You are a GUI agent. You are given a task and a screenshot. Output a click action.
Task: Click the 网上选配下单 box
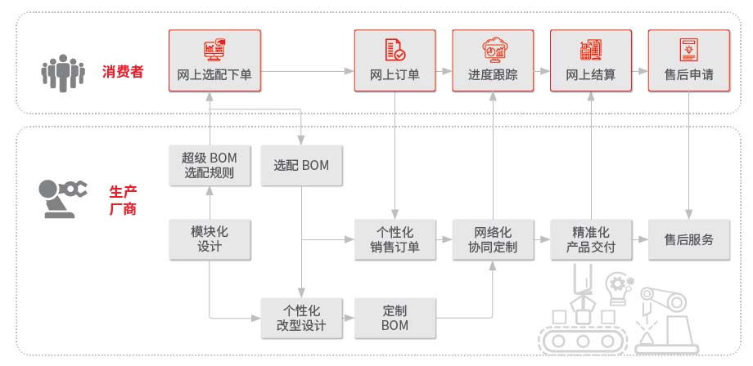(214, 60)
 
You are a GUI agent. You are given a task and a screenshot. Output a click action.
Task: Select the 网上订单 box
(395, 60)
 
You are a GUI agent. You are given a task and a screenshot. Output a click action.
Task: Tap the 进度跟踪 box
(493, 60)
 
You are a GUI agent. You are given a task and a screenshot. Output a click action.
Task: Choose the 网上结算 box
(591, 60)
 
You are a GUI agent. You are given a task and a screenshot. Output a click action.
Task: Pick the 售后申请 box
(688, 60)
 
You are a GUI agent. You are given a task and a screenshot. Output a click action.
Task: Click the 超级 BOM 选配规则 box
(210, 165)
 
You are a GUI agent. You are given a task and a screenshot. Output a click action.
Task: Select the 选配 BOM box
(301, 165)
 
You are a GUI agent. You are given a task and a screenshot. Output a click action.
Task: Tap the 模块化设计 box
(210, 239)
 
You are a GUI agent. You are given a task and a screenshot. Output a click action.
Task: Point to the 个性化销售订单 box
(395, 239)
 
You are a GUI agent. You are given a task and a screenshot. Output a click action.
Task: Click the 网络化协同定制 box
(494, 239)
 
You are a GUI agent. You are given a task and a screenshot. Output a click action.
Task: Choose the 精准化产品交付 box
(591, 239)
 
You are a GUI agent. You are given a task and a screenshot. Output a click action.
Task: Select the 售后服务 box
(689, 239)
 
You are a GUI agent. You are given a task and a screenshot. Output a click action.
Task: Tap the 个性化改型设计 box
(301, 318)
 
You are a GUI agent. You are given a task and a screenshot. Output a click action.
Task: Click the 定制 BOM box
(395, 318)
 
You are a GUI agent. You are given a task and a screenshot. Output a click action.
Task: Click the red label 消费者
(123, 72)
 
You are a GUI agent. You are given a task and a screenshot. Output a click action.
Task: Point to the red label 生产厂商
(123, 200)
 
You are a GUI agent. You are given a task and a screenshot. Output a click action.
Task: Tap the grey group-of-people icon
(63, 73)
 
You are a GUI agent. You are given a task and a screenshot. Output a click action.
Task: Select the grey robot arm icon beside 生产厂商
(62, 199)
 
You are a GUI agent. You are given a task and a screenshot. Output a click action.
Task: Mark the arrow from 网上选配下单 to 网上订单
(308, 71)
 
